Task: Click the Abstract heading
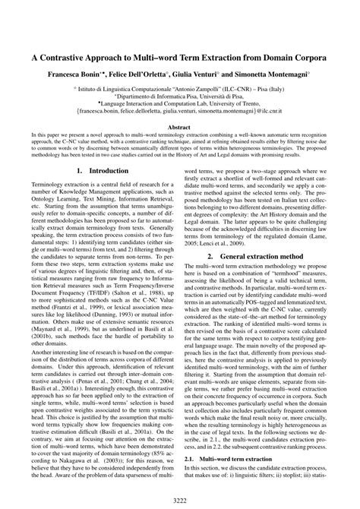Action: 179,128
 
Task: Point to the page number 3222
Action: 180,498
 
